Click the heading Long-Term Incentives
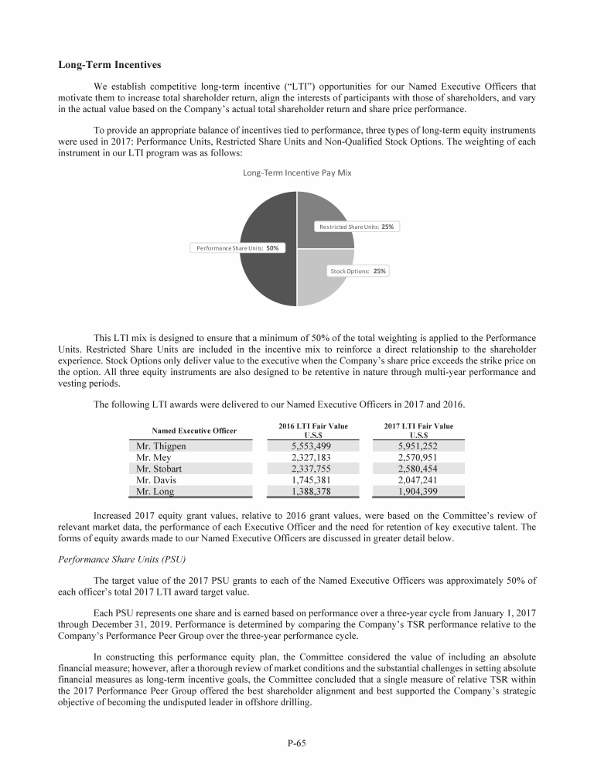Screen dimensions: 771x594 [109, 64]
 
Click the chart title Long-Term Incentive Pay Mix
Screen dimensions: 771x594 [297, 172]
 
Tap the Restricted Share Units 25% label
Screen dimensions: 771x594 [357, 227]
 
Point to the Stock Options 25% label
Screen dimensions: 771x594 [358, 271]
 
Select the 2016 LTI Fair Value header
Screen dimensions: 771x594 [312, 430]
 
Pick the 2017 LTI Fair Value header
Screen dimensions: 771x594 [418, 430]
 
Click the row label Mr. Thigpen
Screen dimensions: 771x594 [161, 446]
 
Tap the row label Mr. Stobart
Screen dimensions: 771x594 [161, 468]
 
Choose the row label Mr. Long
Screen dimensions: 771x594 [155, 490]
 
